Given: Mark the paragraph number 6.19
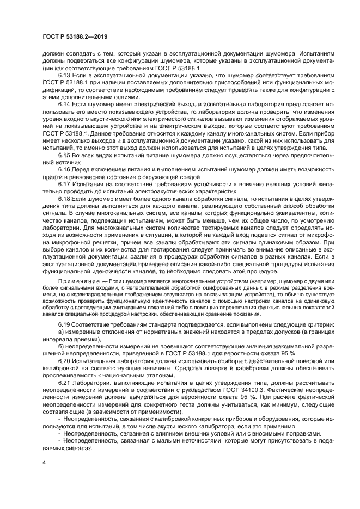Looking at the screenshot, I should [x=64, y=324].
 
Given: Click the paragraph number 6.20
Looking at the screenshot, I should [x=64, y=360].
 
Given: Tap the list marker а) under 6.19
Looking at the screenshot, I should [x=60, y=332].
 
